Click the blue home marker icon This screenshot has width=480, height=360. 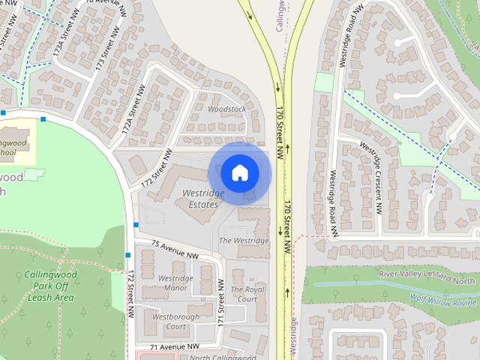point(239,173)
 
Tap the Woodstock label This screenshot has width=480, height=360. point(226,109)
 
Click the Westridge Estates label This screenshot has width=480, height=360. point(203,199)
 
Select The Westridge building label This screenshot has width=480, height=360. point(243,241)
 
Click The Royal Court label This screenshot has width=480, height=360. point(247,294)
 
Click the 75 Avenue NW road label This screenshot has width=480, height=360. point(175,250)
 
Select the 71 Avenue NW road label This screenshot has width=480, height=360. point(175,347)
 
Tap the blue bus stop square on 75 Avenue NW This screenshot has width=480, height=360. point(136,224)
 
